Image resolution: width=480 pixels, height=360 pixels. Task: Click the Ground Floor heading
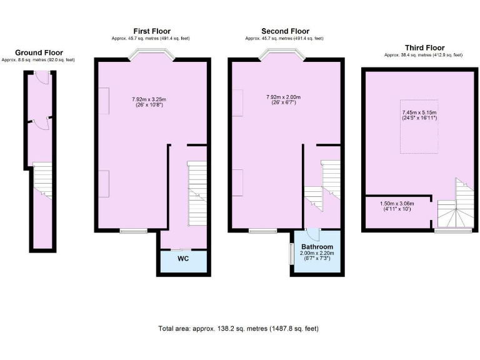pos(38,52)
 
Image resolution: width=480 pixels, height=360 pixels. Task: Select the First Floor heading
pos(151,31)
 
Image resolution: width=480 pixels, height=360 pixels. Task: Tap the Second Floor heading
pos(285,31)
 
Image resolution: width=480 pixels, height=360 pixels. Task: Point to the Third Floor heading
pos(424,47)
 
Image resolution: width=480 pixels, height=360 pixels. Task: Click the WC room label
pos(183,257)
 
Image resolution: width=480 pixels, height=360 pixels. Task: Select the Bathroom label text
pos(317,247)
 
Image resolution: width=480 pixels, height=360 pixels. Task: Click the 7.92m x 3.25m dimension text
pos(149,99)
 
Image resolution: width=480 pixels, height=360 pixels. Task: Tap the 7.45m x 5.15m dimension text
pos(419,113)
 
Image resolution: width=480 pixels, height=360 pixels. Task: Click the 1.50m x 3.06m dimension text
pos(397,203)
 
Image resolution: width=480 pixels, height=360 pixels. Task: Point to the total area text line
pos(239,328)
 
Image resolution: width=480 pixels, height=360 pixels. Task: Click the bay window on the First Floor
pos(152,55)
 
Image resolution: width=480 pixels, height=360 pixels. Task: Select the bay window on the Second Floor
pos(285,55)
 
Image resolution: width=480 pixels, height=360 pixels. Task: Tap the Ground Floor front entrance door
pos(41,76)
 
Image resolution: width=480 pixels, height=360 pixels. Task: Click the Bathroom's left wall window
pos(290,252)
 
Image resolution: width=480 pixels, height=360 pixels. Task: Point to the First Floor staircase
pos(196,194)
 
